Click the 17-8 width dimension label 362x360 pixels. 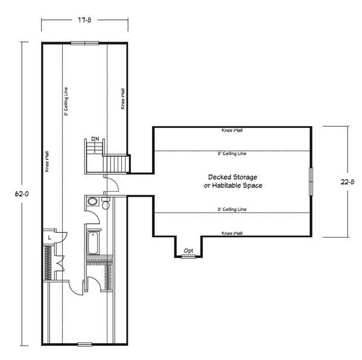tap(84, 20)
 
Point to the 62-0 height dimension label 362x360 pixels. tap(22, 194)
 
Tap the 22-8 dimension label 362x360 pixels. tap(348, 182)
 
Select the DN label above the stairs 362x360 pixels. tap(95, 139)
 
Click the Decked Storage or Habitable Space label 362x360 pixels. tap(233, 181)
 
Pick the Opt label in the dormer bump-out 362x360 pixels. tap(188, 251)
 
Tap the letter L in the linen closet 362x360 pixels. tap(49, 238)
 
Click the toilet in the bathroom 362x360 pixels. tap(106, 203)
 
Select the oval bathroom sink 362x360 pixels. tap(92, 201)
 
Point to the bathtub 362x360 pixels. tap(93, 243)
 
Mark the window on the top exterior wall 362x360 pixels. tap(84, 43)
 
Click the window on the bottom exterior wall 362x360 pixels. tap(84, 344)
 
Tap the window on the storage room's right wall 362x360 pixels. tap(311, 182)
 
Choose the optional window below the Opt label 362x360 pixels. tap(188, 256)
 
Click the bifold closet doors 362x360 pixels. tap(60, 263)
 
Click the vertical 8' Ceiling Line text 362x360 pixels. tap(66, 101)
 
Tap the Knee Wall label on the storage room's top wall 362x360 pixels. tap(232, 130)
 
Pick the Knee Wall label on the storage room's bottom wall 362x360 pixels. tap(232, 233)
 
